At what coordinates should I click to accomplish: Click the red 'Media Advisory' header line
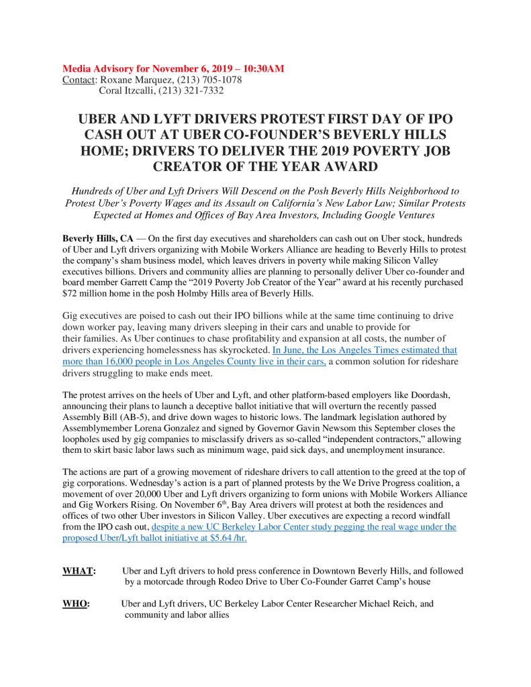pos(173,69)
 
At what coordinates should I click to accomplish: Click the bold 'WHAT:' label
pos(79,571)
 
